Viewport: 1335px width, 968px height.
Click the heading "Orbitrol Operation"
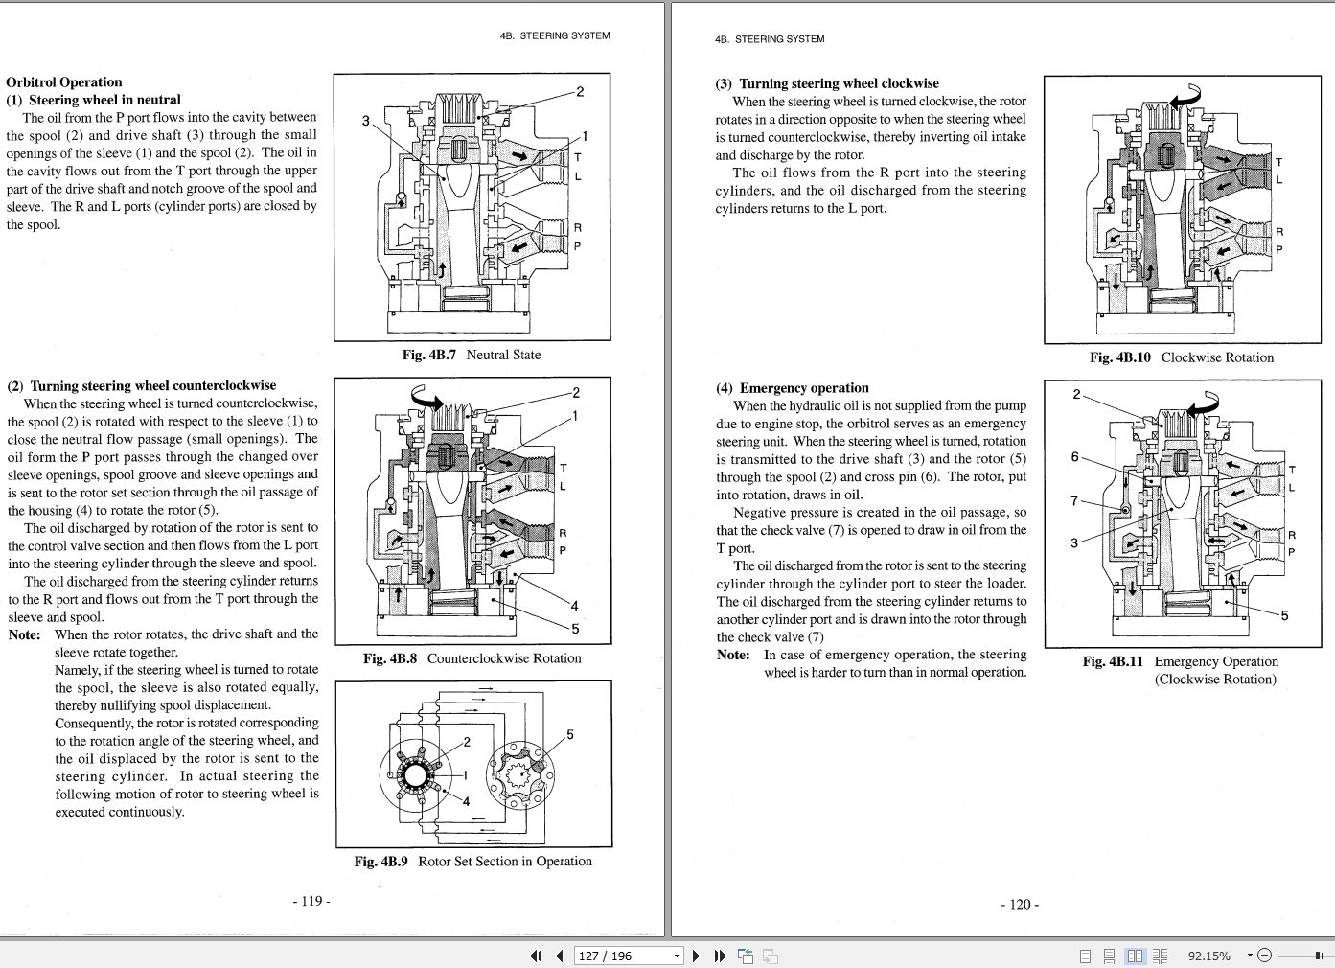point(64,82)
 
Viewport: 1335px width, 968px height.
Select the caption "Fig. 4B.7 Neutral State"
point(471,355)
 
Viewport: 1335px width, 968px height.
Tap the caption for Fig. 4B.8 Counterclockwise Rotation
point(472,658)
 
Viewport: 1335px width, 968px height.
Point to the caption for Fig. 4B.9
point(472,862)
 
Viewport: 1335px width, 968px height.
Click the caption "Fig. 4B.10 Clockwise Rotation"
point(1181,357)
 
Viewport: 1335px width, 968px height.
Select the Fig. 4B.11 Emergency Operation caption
point(1180,662)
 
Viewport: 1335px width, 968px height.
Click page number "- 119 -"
point(311,901)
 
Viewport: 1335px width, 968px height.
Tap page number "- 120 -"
point(1020,904)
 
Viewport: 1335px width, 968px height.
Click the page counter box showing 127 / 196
point(628,956)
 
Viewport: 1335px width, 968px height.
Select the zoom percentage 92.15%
point(1208,956)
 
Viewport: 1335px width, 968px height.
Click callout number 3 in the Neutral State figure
point(365,121)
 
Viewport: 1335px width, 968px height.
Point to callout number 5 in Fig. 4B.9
point(570,735)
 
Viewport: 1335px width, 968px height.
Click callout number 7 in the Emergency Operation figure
point(1074,500)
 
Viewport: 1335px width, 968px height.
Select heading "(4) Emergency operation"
point(792,388)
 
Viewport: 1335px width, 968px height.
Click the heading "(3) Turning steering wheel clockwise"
point(826,83)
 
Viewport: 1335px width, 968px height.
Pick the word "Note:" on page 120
point(733,655)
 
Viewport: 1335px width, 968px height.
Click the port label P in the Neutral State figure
point(577,246)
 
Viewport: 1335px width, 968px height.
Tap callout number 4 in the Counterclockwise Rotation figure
point(574,606)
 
